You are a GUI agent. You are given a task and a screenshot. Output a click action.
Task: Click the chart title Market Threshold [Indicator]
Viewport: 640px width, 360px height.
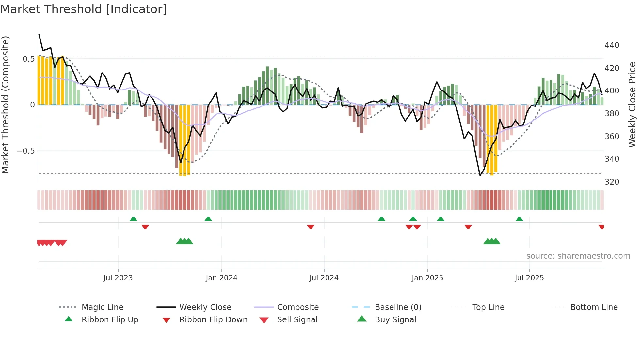click(x=84, y=9)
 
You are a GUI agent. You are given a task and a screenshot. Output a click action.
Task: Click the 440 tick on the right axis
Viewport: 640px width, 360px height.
click(x=612, y=45)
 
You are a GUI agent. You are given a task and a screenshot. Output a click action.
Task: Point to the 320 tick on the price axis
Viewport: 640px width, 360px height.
click(x=612, y=182)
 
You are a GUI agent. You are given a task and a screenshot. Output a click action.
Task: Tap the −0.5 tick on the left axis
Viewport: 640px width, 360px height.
click(x=25, y=151)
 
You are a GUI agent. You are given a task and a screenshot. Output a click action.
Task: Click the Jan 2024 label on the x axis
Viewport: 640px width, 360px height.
click(x=221, y=278)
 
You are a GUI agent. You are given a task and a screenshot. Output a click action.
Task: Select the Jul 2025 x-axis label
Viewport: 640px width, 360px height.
click(x=529, y=278)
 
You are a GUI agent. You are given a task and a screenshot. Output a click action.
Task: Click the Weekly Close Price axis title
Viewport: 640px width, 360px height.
click(x=632, y=105)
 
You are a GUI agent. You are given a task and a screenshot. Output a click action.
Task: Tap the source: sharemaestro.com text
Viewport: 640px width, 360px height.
click(x=578, y=256)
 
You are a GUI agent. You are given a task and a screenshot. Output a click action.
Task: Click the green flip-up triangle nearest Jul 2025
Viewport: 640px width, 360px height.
click(x=519, y=219)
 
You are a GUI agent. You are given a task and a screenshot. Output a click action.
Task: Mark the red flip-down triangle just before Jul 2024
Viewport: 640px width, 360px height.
click(x=311, y=227)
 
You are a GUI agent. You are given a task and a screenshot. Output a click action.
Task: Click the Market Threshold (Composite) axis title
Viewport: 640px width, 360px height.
click(x=6, y=105)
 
